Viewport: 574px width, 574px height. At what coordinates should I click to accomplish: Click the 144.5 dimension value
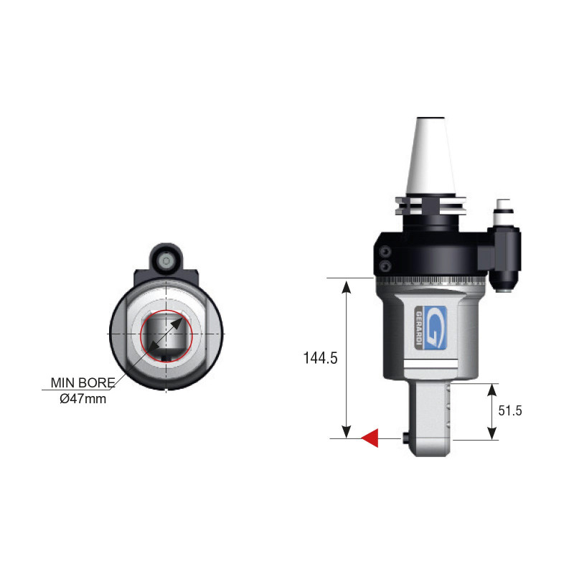(320, 358)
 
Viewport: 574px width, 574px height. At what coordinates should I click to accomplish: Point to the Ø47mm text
(83, 398)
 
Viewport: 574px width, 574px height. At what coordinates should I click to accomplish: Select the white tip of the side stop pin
(504, 203)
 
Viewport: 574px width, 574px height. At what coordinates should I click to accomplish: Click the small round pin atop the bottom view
(166, 258)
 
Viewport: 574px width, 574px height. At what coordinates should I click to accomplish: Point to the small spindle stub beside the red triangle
(407, 438)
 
